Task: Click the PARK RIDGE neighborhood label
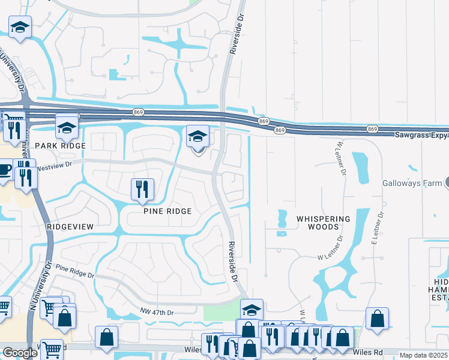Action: pyautogui.click(x=60, y=146)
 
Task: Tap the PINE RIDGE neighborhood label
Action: pyautogui.click(x=167, y=211)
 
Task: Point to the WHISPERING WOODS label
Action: pyautogui.click(x=324, y=223)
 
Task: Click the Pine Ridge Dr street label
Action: pyautogui.click(x=74, y=271)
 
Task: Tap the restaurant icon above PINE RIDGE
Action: pyautogui.click(x=143, y=189)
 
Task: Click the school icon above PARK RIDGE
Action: pyautogui.click(x=67, y=126)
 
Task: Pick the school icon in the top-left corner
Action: pyautogui.click(x=20, y=27)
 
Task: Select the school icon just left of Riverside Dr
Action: pyautogui.click(x=197, y=137)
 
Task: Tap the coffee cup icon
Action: pyautogui.click(x=4, y=169)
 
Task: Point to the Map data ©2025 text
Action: pyautogui.click(x=423, y=355)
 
